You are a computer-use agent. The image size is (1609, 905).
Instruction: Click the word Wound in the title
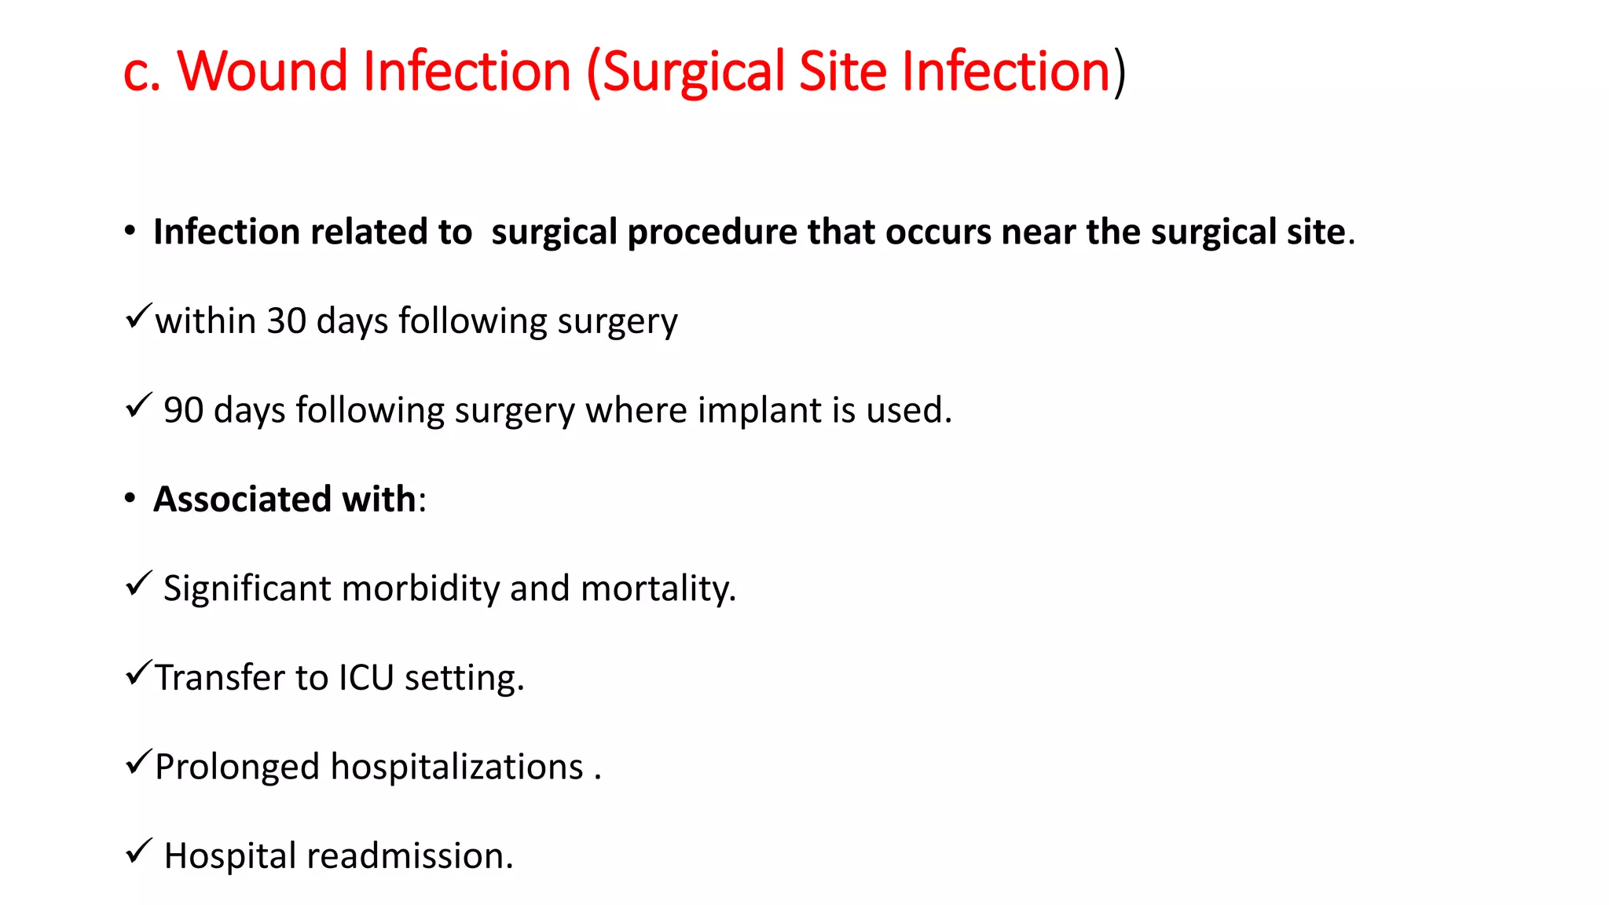pos(262,71)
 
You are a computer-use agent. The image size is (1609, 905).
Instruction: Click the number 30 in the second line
pos(286,321)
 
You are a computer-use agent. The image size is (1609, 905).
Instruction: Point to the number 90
pos(183,410)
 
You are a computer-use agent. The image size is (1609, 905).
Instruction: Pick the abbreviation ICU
pos(366,677)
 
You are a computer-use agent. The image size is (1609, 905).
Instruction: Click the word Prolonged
pos(237,767)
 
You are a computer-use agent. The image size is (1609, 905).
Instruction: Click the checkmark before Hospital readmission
pos(138,850)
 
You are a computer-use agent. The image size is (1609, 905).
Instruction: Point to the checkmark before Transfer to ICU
pos(138,672)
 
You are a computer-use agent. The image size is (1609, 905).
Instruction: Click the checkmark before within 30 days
pos(138,316)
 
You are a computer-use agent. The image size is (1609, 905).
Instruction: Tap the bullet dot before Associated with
pos(130,499)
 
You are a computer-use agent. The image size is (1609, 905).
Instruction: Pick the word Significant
pos(247,588)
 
